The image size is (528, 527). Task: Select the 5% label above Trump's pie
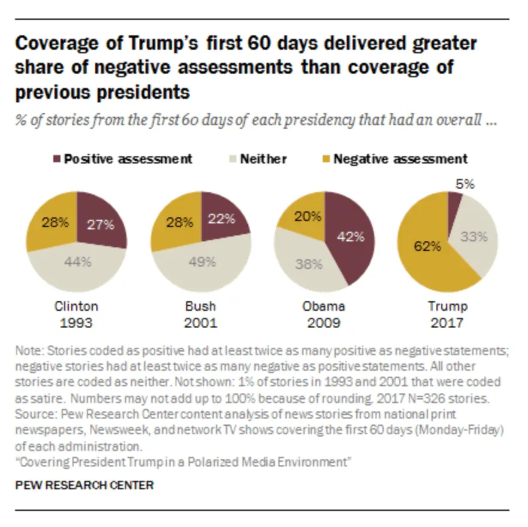click(x=465, y=184)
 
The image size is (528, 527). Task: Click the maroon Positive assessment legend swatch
click(x=57, y=159)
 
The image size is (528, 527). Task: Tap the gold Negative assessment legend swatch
click(x=326, y=159)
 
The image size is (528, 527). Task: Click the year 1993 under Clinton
click(x=77, y=324)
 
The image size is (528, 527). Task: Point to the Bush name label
click(x=200, y=307)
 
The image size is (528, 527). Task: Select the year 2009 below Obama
click(x=324, y=324)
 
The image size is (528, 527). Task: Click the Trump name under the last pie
click(x=447, y=307)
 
